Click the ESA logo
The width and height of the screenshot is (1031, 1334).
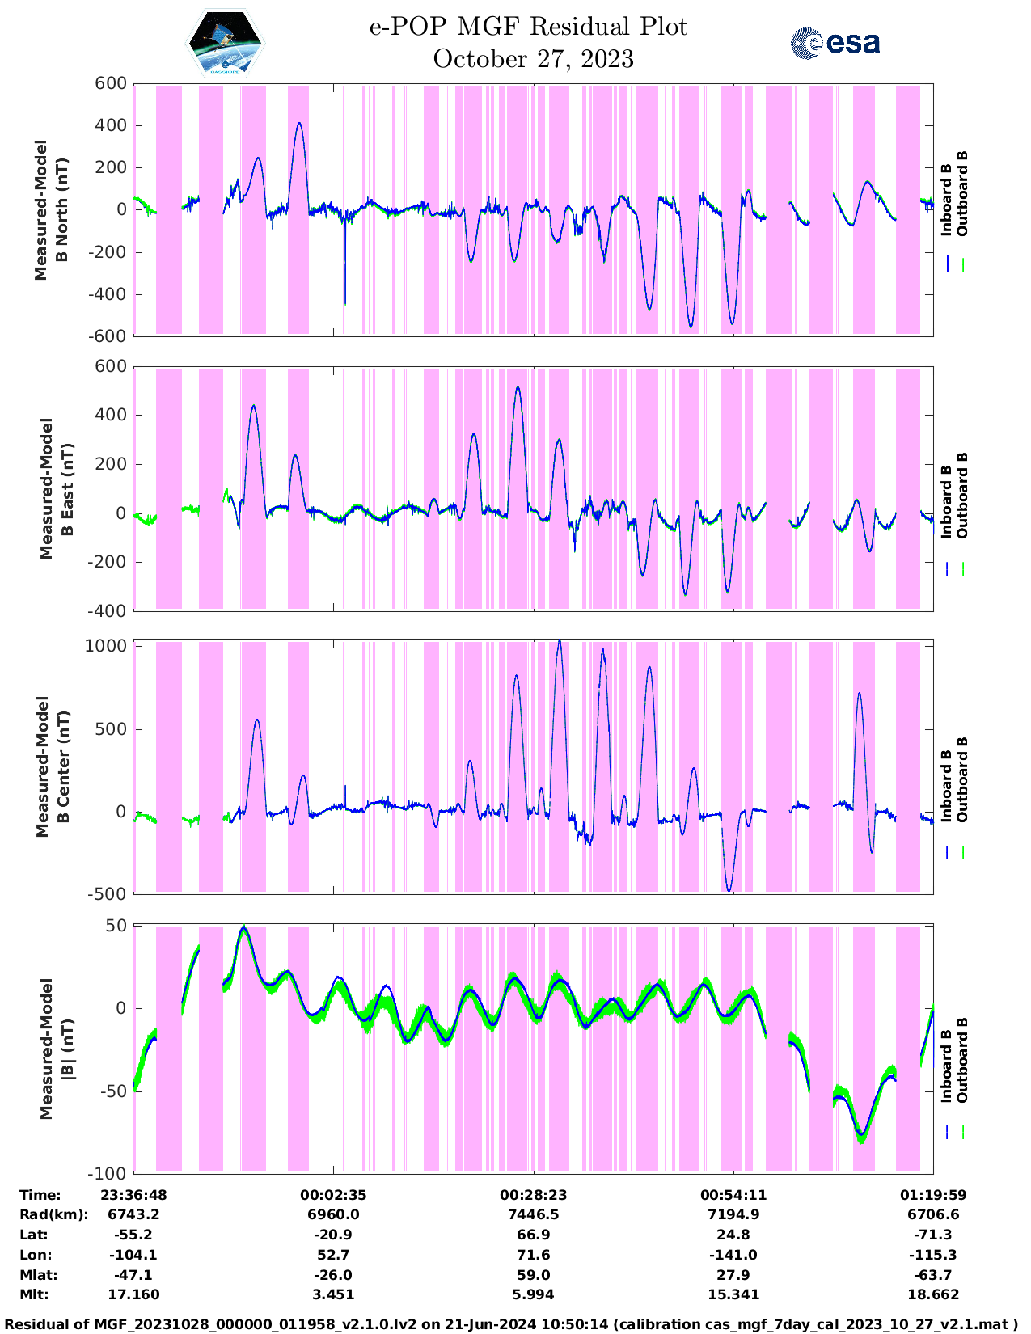[x=835, y=43]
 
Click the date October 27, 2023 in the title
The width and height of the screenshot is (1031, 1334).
[x=533, y=59]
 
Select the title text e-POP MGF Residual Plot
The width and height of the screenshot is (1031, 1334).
[x=528, y=27]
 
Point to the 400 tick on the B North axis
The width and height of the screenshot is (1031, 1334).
[x=110, y=125]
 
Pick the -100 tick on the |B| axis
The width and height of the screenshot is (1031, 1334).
[x=110, y=1173]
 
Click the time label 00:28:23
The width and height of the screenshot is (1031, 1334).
[x=533, y=1195]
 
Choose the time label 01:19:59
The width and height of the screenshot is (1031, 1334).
[x=933, y=1195]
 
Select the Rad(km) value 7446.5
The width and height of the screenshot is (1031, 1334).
[x=533, y=1214]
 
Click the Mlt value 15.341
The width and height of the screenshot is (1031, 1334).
[x=733, y=1294]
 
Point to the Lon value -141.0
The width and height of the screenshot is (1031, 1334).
[x=733, y=1255]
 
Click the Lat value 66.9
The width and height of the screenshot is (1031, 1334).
[x=533, y=1235]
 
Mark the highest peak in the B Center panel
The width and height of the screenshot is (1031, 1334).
[x=559, y=641]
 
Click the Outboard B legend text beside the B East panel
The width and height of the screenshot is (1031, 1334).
[x=962, y=495]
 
